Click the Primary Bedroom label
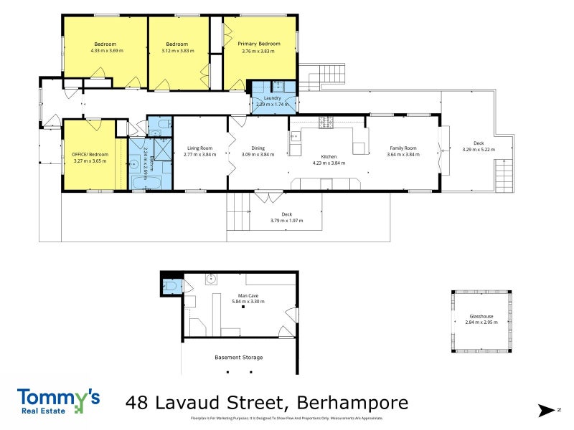click(258, 44)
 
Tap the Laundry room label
click(272, 97)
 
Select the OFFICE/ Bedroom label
click(90, 155)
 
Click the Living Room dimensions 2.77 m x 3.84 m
click(199, 155)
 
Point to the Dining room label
click(258, 148)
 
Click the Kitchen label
click(329, 156)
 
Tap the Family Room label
click(402, 148)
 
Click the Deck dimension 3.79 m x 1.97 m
click(286, 221)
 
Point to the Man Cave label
click(248, 295)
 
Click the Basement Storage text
click(239, 357)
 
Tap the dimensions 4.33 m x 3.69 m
click(107, 51)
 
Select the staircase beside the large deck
click(504, 176)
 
